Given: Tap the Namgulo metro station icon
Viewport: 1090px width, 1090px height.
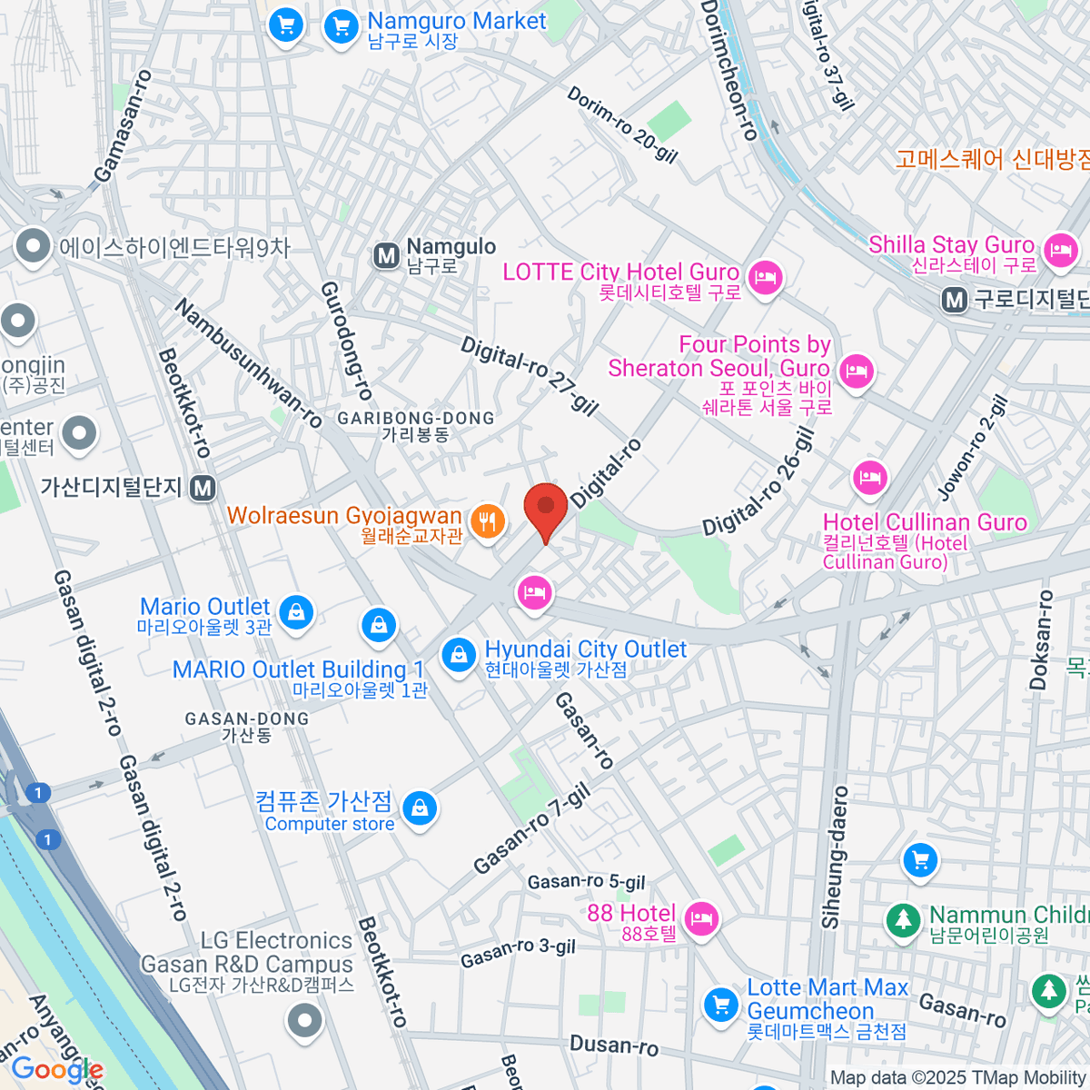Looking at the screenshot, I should click(387, 256).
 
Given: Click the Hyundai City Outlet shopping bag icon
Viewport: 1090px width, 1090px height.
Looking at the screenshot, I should click(459, 654).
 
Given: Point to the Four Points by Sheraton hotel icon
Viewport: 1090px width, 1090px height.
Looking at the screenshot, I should click(856, 371).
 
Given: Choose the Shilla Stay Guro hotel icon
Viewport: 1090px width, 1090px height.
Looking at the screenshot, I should click(1060, 249).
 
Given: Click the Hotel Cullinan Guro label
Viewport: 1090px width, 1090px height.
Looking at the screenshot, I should click(924, 522).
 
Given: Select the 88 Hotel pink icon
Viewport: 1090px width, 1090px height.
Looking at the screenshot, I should click(700, 918).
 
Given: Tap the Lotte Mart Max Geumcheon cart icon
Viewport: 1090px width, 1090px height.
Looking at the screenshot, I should click(721, 1005).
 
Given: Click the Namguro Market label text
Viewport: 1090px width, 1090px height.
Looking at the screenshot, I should click(456, 22).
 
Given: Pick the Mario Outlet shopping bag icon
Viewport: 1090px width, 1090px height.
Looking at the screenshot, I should click(296, 612).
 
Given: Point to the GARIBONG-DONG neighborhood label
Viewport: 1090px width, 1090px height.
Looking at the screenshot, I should click(416, 419).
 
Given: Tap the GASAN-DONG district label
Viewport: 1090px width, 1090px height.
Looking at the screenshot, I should click(247, 718).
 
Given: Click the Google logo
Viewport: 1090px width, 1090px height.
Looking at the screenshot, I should click(56, 1070).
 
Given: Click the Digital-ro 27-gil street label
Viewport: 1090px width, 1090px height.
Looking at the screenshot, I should click(530, 375).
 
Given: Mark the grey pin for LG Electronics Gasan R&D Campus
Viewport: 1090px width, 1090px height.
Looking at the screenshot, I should click(304, 1021).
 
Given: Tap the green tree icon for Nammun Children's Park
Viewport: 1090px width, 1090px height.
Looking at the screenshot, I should click(903, 920).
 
